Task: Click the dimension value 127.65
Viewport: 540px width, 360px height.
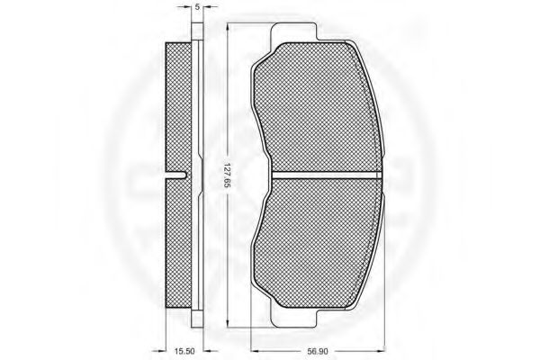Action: (228, 175)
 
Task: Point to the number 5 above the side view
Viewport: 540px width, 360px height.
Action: (197, 6)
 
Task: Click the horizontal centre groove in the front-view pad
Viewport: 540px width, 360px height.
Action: (327, 175)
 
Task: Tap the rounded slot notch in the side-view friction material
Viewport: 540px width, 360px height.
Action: (176, 175)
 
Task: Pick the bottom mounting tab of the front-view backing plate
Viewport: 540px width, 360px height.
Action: (293, 318)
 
